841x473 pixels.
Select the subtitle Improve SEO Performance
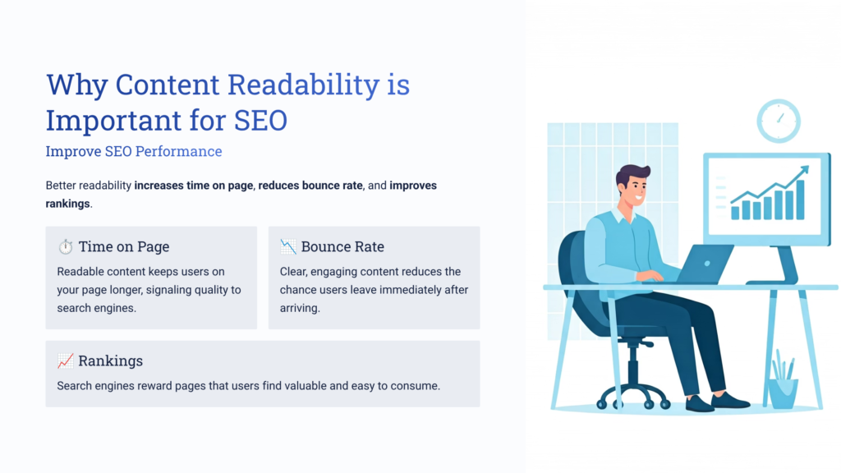[x=134, y=152]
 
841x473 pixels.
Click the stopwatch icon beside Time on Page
[x=66, y=247]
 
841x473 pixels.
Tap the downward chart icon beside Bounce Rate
[x=288, y=246]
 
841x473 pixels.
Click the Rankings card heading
[x=110, y=361]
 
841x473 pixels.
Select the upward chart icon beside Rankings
[x=66, y=361]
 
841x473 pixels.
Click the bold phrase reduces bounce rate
[x=310, y=186]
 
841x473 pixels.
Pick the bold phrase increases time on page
[x=194, y=186]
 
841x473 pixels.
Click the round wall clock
[x=778, y=121]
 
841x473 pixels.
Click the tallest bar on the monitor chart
[x=800, y=200]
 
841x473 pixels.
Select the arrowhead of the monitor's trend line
[x=803, y=171]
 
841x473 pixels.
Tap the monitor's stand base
[x=771, y=281]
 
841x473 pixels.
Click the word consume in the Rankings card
[x=417, y=385]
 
